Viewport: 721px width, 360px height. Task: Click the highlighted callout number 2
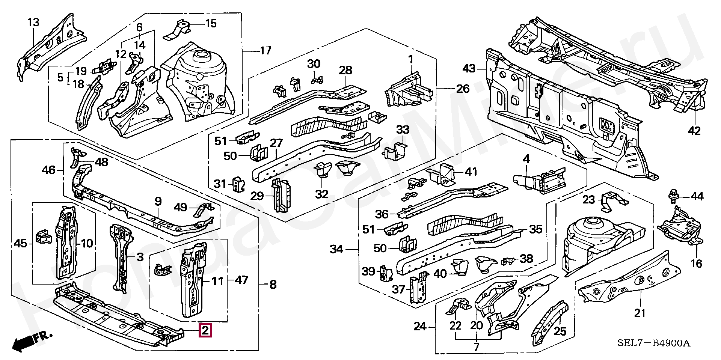click(205, 330)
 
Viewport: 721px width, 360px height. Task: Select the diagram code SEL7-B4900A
click(654, 343)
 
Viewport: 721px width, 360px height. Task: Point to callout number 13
click(33, 23)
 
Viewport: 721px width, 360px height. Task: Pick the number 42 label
click(694, 131)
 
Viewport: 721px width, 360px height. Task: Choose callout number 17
click(265, 50)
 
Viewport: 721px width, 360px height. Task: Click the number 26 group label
click(463, 89)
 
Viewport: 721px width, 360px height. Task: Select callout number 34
click(336, 249)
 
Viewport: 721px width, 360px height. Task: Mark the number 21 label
click(640, 312)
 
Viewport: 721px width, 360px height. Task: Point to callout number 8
click(273, 285)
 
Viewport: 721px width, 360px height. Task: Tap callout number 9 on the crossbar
click(158, 202)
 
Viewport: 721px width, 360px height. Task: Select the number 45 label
click(20, 244)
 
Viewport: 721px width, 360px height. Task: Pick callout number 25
click(560, 331)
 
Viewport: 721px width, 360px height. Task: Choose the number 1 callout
click(410, 59)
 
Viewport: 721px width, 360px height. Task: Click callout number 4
click(526, 159)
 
